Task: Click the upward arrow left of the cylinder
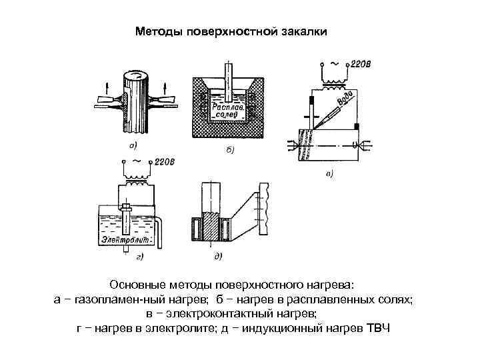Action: tap(109, 85)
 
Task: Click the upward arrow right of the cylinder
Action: tap(165, 85)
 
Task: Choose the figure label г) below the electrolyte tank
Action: tap(142, 255)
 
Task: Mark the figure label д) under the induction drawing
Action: tap(217, 255)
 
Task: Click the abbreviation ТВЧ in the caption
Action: tap(381, 329)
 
